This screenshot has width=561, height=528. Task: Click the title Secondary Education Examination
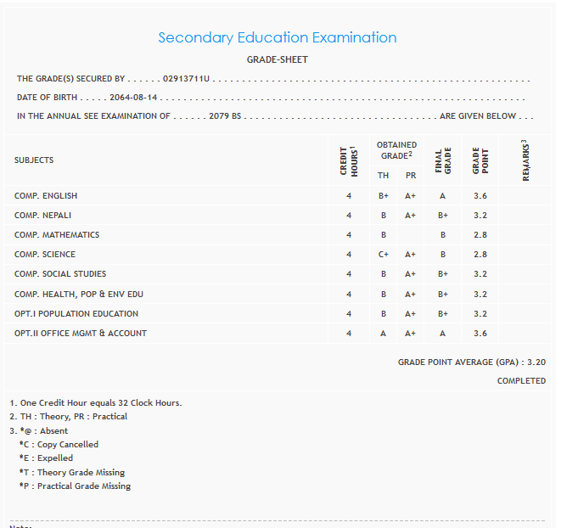click(x=277, y=37)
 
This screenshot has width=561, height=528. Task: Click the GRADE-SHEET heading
click(x=277, y=59)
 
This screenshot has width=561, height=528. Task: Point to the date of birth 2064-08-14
click(x=135, y=98)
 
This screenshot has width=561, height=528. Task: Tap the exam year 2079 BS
click(x=225, y=116)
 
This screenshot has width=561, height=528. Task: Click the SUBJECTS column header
click(x=34, y=160)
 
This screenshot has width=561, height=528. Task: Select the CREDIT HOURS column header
click(x=347, y=160)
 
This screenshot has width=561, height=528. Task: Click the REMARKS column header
click(x=525, y=160)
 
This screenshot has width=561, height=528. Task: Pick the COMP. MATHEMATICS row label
click(x=57, y=235)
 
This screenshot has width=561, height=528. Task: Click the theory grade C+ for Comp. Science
click(x=384, y=255)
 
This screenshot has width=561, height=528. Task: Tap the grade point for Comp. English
click(x=480, y=196)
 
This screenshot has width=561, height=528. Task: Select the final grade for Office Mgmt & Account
click(x=442, y=334)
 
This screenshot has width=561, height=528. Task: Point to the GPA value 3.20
click(x=536, y=362)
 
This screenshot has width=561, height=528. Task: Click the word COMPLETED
click(x=521, y=381)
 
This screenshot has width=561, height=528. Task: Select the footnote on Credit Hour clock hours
click(x=95, y=402)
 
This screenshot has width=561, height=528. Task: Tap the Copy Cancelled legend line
click(x=59, y=444)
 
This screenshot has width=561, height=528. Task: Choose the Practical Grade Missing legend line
click(x=75, y=486)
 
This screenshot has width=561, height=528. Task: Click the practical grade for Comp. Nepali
click(x=411, y=216)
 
